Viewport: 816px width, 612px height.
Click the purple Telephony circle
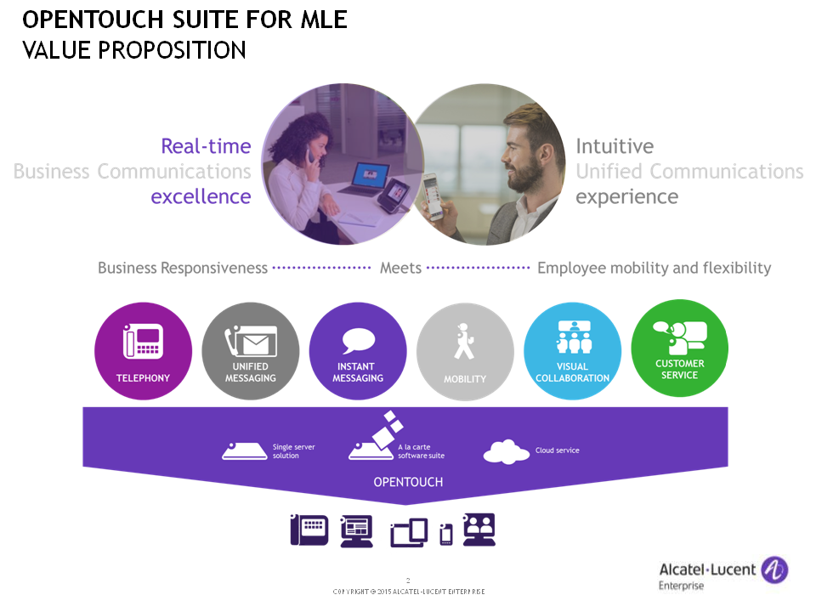[143, 351]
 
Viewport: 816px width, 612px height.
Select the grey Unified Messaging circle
[250, 351]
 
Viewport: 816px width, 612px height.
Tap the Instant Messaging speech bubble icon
[359, 341]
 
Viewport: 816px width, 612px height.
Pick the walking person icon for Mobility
[464, 342]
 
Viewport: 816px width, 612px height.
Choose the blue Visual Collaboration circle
[572, 351]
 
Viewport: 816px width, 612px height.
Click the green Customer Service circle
[680, 348]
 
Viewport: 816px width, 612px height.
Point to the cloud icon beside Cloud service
[507, 451]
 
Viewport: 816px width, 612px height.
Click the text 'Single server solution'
[293, 451]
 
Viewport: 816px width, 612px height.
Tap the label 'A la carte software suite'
[421, 451]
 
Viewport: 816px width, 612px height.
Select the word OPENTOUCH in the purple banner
[408, 482]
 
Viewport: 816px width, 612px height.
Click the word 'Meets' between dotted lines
[400, 268]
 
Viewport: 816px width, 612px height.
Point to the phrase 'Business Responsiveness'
[183, 268]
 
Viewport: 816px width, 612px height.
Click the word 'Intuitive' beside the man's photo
[615, 146]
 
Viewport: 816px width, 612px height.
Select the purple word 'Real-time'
[206, 146]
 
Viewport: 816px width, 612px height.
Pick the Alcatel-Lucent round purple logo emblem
[774, 569]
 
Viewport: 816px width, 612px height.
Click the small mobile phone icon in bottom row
[446, 535]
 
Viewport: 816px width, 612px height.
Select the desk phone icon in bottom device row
[309, 530]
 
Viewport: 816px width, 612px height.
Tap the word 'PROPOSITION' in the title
[172, 50]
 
